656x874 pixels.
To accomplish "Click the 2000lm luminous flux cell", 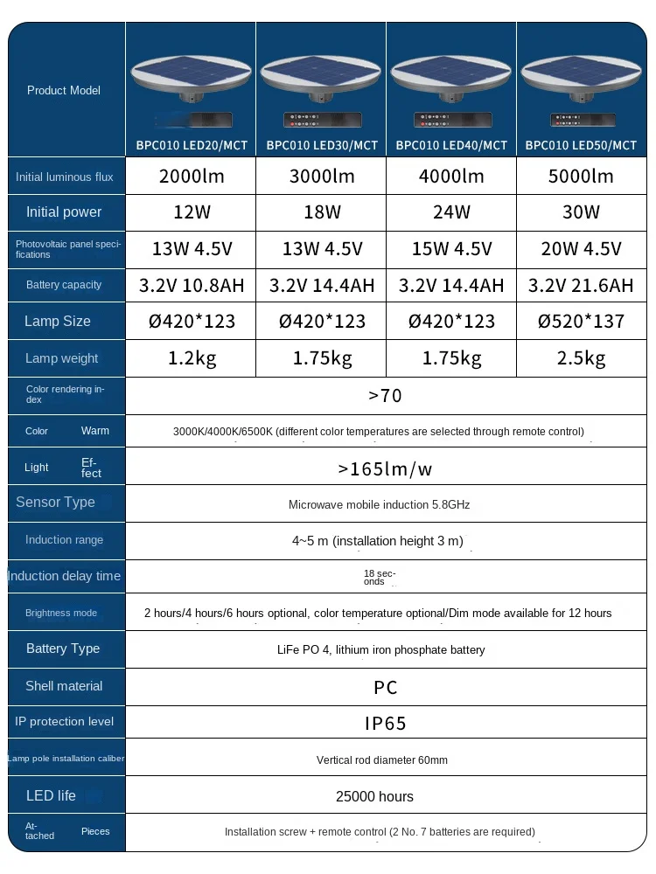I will tap(192, 177).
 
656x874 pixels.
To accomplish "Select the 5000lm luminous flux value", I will tap(581, 177).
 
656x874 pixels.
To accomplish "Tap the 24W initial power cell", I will tap(451, 212).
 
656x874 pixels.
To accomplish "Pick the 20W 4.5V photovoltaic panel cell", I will tap(581, 249).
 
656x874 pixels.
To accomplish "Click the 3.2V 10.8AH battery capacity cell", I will tap(192, 286).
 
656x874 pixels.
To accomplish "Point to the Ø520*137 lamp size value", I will tap(581, 322).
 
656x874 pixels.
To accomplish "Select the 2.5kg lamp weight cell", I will tap(581, 358).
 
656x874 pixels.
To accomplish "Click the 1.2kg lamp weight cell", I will tap(192, 358).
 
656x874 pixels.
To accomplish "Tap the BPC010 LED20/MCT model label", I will tap(192, 145).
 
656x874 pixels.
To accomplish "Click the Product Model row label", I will tap(64, 90).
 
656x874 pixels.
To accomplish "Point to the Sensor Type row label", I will tap(55, 502).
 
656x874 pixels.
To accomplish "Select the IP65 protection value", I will tap(386, 724).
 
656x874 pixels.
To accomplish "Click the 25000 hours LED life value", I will tap(374, 796).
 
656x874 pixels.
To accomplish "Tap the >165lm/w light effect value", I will tap(386, 469).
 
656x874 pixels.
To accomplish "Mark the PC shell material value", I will tap(386, 688).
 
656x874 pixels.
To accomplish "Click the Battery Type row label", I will tap(63, 649).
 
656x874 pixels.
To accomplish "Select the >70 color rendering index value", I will tap(386, 396).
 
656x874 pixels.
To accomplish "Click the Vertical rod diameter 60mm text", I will tap(382, 760).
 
